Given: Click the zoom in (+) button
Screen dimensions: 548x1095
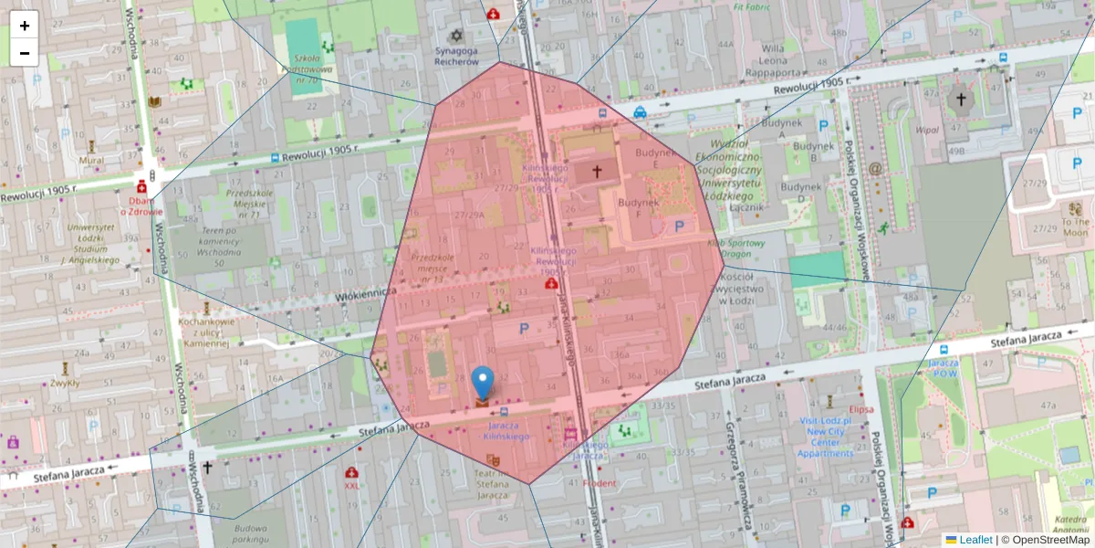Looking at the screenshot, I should click(25, 26).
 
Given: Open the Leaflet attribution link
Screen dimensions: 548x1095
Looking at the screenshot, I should click(975, 540).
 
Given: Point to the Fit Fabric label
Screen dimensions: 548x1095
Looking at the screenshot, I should click(751, 7).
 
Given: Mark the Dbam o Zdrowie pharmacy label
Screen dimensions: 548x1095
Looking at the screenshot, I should click(141, 205).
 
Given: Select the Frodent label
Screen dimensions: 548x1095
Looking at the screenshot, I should click(599, 483).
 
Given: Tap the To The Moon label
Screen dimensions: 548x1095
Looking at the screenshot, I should click(1075, 227).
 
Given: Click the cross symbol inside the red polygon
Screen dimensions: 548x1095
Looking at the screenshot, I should click(598, 171).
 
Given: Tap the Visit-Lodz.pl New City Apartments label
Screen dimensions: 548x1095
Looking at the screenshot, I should click(825, 437).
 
